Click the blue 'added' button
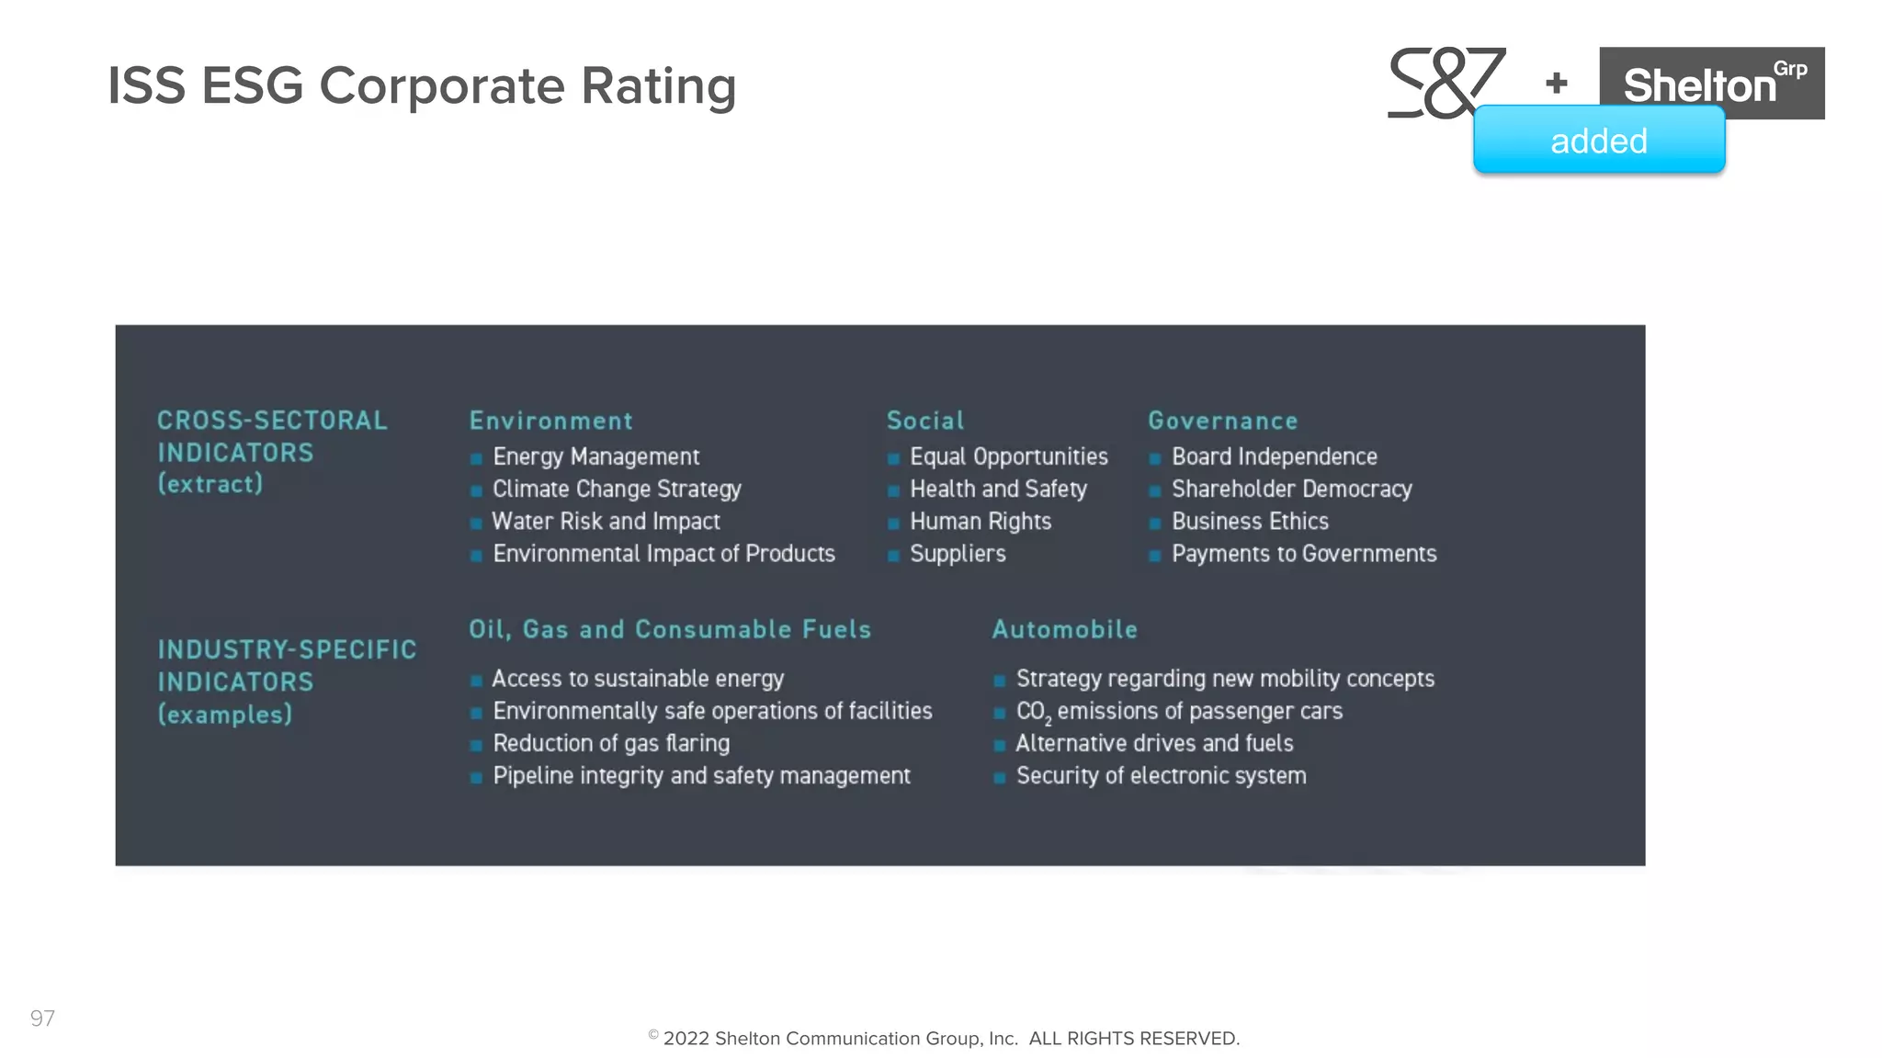tap(1598, 141)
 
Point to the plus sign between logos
tap(1557, 84)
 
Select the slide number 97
tap(42, 1018)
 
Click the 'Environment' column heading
tap(550, 421)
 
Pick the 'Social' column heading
tap(924, 421)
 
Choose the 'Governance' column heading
tap(1222, 421)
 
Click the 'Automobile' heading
tap(1064, 629)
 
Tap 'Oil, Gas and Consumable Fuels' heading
tap(670, 629)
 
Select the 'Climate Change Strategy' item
tap(617, 489)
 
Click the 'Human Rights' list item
tap(980, 522)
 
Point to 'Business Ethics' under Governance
tap(1250, 522)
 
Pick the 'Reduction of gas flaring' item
tap(611, 743)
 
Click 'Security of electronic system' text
tap(1161, 776)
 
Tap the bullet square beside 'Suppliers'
tap(893, 556)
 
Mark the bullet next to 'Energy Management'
tap(476, 458)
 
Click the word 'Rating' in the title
tap(658, 86)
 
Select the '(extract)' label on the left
tap(210, 484)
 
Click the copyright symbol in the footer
tap(653, 1035)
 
